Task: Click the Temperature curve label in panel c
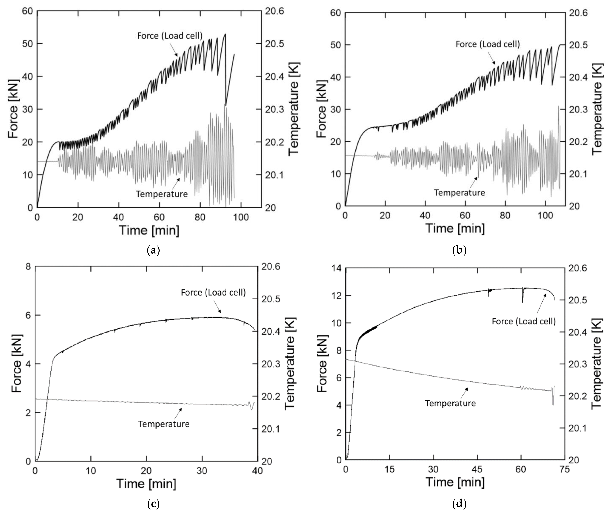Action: coord(164,424)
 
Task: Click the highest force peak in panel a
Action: coord(225,34)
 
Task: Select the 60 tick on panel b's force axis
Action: coord(336,13)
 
